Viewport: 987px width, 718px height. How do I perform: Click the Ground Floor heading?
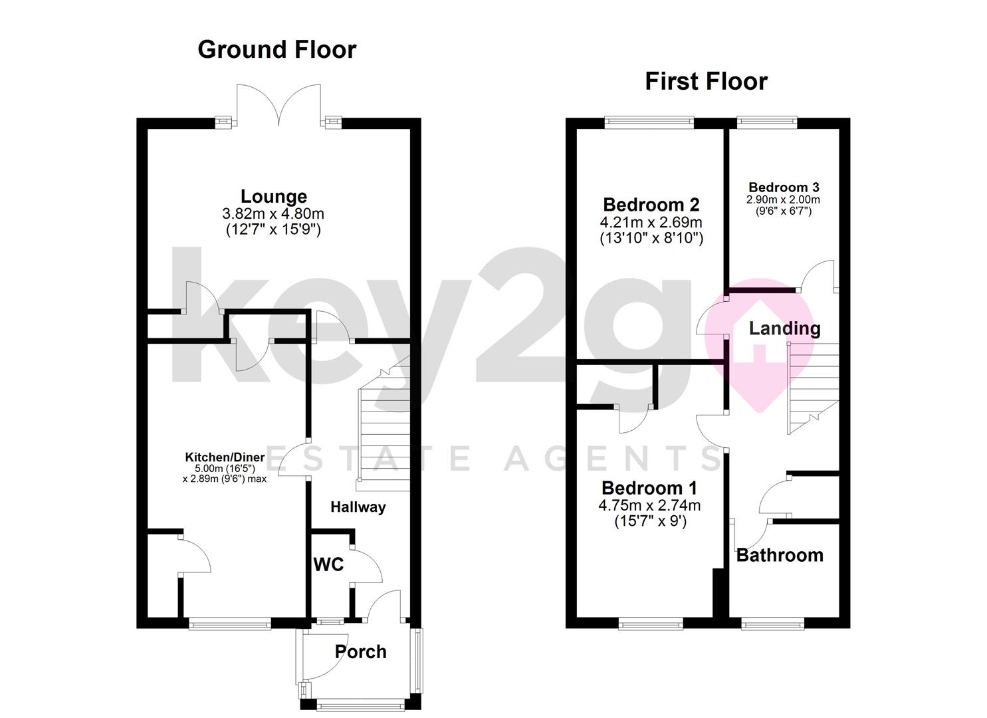276,49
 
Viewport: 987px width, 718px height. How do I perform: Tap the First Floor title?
706,82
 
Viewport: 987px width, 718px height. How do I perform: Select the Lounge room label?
274,197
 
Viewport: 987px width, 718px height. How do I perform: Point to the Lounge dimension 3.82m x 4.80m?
273,214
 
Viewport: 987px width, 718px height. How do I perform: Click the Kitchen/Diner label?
225,457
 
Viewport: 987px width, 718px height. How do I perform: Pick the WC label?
328,564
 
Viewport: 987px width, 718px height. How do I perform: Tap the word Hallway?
358,507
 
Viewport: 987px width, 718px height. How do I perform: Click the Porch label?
360,652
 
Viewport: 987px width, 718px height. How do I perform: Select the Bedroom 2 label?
651,205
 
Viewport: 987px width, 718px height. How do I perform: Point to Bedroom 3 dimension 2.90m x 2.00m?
783,199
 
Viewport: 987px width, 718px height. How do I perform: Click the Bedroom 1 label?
649,489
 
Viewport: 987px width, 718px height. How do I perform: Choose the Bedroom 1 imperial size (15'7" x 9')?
651,522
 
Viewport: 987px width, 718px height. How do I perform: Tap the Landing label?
785,329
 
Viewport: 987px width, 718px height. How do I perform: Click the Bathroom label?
780,555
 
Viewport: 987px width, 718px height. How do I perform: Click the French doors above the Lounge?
278,105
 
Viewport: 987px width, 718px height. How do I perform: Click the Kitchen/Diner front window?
229,622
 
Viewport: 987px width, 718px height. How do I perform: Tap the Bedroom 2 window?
649,122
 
